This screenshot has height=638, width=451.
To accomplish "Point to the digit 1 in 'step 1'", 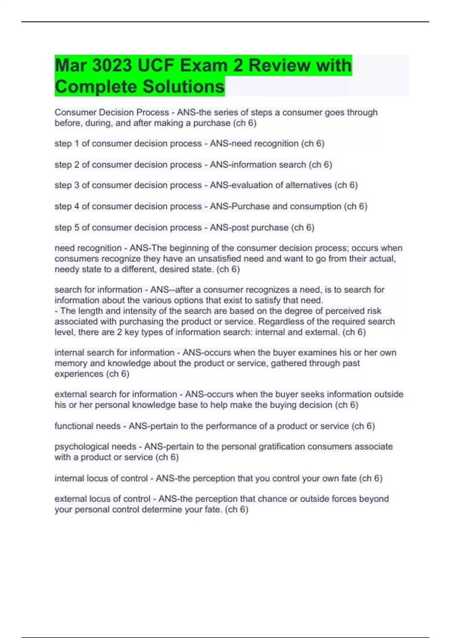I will pos(76,144).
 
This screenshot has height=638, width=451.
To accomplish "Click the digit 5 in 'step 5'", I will pos(76,227).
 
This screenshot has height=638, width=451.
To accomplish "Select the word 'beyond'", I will pos(374,499).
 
